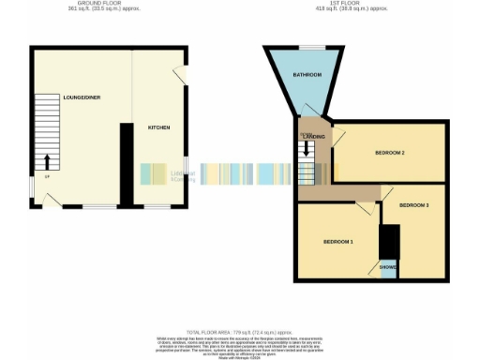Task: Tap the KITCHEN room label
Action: pyautogui.click(x=157, y=127)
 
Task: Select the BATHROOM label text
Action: pyautogui.click(x=307, y=74)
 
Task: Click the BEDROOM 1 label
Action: pyautogui.click(x=337, y=241)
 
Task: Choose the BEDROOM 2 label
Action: pyautogui.click(x=389, y=152)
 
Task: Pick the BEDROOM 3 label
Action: pyautogui.click(x=413, y=204)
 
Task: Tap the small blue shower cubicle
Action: pyautogui.click(x=387, y=267)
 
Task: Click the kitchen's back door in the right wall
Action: pyautogui.click(x=182, y=75)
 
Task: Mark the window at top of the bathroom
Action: pyautogui.click(x=310, y=47)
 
